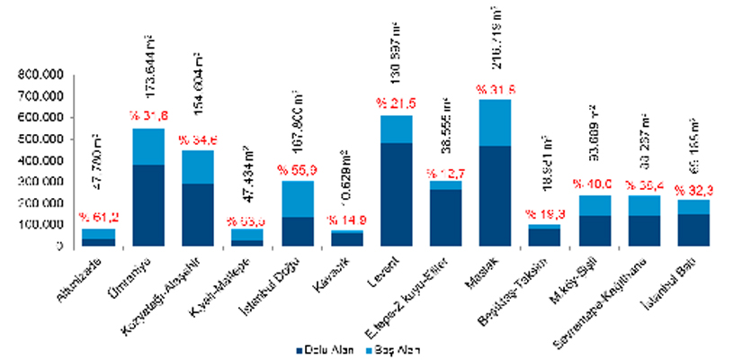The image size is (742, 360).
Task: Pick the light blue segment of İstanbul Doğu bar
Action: click(298, 199)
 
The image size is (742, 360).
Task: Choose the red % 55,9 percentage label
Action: click(298, 170)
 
